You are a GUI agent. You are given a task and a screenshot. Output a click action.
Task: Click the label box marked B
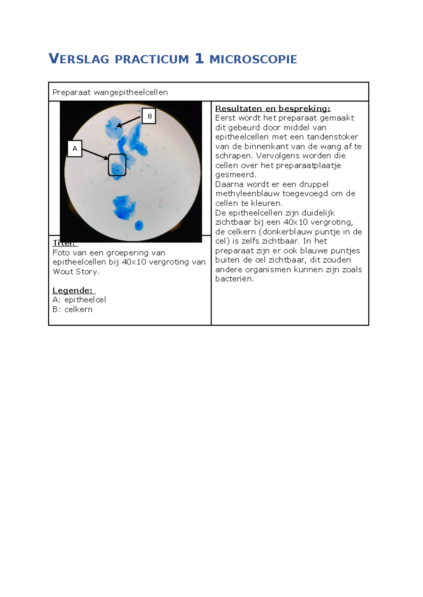(149, 116)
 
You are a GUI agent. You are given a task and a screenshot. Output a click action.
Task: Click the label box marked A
(75, 149)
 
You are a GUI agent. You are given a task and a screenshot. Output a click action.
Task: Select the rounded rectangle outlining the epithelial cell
(117, 165)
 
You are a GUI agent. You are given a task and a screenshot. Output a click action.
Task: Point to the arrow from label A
(95, 154)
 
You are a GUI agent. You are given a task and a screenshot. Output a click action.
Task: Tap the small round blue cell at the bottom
(139, 225)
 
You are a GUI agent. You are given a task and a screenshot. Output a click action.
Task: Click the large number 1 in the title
(199, 58)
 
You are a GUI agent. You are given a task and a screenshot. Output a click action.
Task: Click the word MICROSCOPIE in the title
(253, 59)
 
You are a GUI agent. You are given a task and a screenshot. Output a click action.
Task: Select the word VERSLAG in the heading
(79, 59)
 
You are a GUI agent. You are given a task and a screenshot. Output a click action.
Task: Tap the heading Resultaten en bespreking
(273, 108)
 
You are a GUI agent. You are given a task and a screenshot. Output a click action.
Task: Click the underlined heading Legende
(73, 290)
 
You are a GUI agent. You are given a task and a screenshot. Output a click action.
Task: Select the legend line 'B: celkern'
(73, 309)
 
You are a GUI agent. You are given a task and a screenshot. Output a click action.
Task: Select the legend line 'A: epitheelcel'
(79, 300)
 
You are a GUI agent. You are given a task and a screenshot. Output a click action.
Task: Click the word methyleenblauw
(248, 194)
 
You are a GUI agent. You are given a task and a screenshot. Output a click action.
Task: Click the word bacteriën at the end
(234, 279)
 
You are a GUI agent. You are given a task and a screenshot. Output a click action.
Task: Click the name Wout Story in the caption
(76, 272)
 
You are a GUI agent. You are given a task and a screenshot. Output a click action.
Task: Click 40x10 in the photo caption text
(134, 262)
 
